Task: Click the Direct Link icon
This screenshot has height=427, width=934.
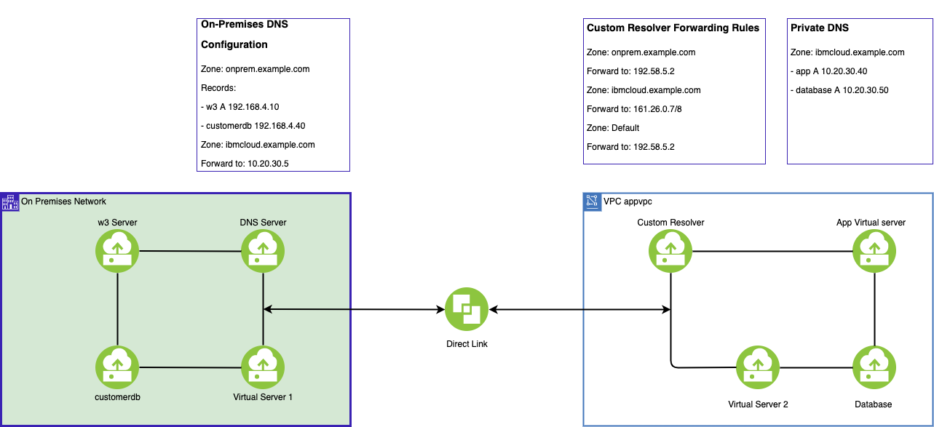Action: [467, 310]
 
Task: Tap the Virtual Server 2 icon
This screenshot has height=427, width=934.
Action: [758, 367]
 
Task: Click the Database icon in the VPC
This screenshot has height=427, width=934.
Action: [874, 367]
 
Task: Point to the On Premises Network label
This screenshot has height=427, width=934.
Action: [63, 201]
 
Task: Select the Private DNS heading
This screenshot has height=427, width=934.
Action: [819, 28]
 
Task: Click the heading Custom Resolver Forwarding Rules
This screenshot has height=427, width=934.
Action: [673, 28]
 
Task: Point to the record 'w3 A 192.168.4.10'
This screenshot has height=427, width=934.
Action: [240, 107]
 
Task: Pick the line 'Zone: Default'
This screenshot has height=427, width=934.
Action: [613, 128]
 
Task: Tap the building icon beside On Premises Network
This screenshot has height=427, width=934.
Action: [9, 201]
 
